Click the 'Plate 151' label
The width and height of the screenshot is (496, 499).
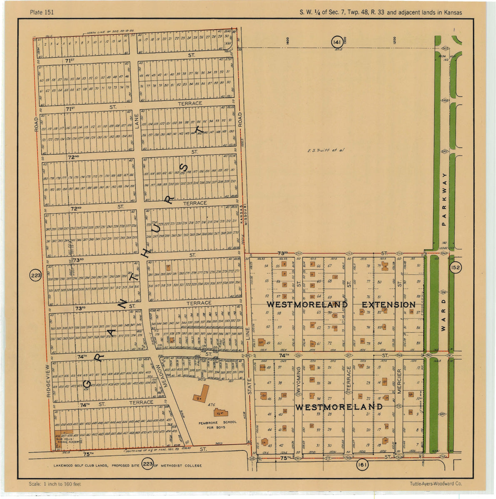(42, 12)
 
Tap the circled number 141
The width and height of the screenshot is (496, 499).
(336, 42)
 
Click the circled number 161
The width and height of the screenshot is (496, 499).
(362, 466)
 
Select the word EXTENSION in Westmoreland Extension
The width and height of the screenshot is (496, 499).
(388, 305)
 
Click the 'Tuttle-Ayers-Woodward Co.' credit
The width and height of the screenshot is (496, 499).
(436, 484)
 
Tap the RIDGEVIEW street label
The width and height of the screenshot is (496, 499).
(48, 381)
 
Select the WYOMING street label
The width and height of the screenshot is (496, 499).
(298, 380)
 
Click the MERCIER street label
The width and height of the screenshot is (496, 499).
(399, 381)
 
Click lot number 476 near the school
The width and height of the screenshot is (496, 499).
(211, 405)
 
